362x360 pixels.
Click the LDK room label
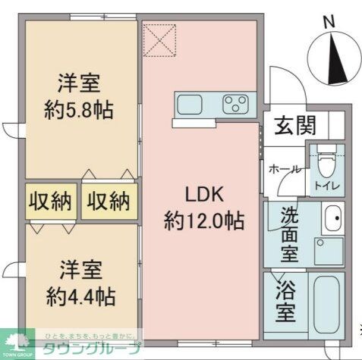tap(203, 194)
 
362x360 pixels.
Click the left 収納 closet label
tap(50, 202)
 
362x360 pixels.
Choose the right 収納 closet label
tap(107, 202)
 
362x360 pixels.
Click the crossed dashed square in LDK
tap(160, 39)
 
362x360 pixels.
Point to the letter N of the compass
tap(329, 21)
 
